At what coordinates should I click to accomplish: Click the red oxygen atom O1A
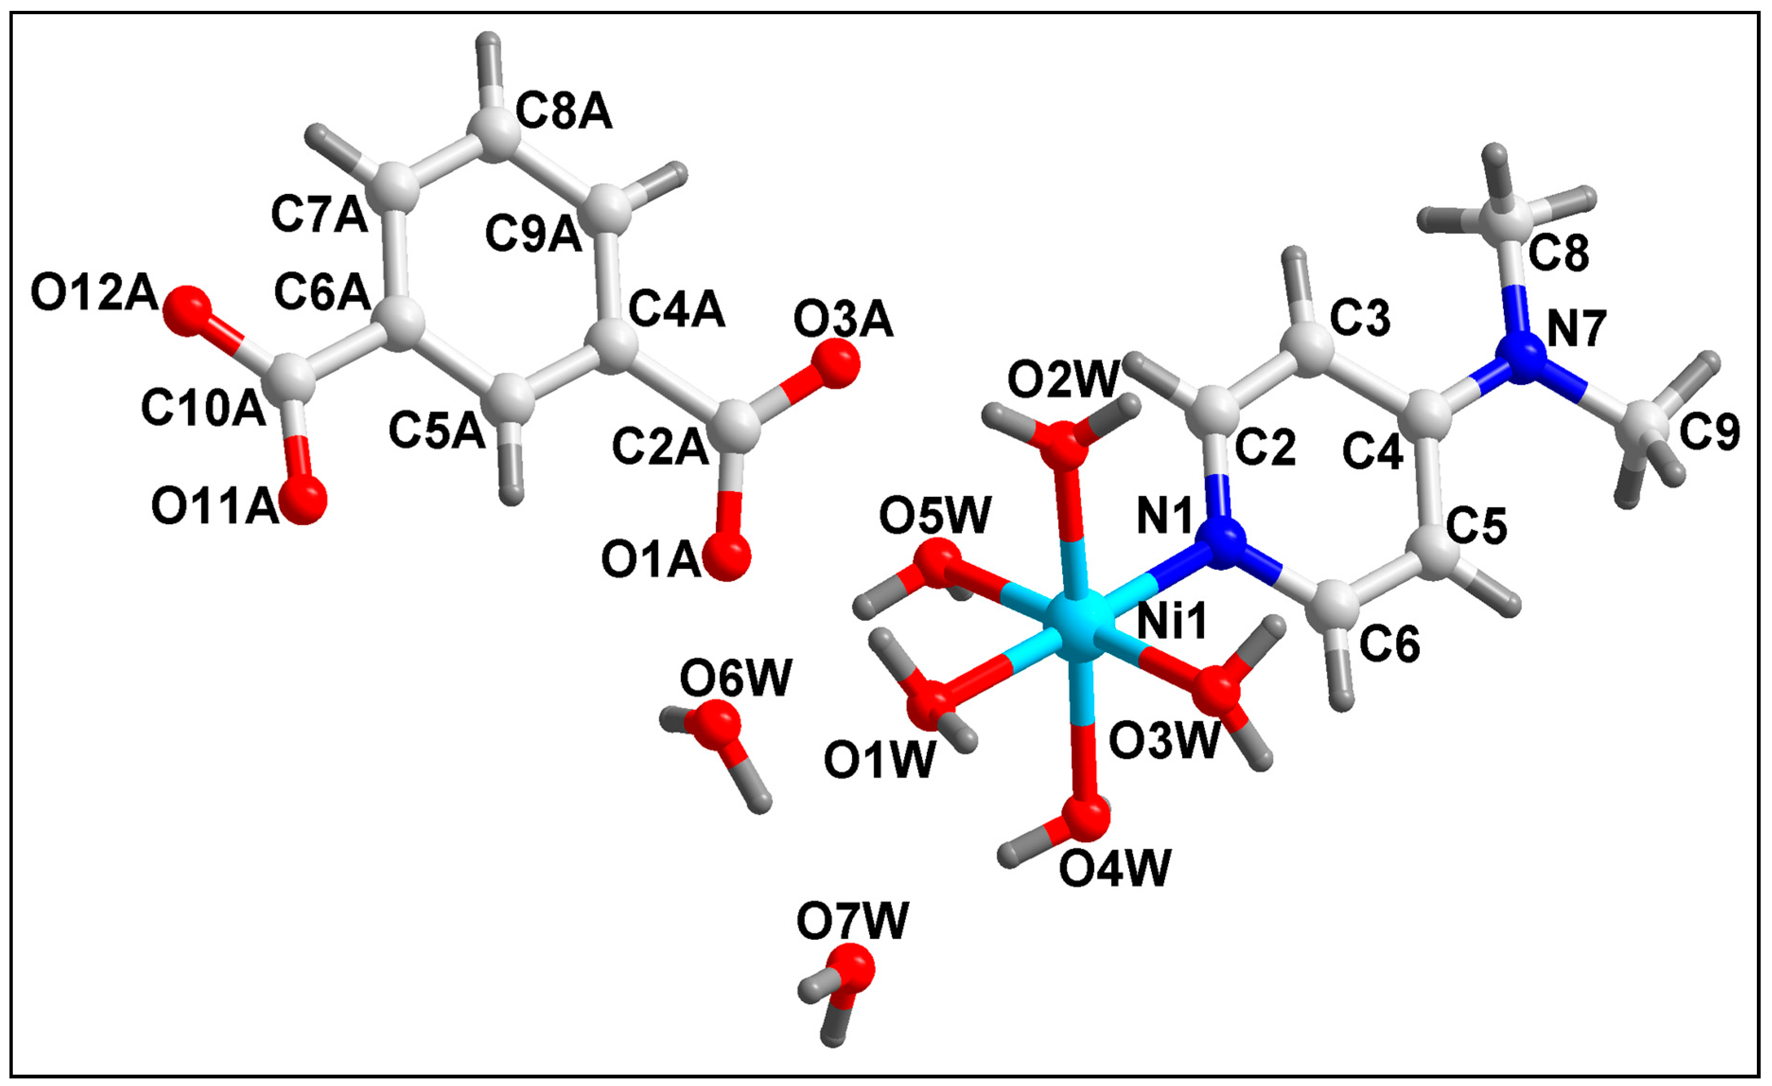[x=726, y=556]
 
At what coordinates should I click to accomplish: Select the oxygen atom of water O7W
[x=849, y=969]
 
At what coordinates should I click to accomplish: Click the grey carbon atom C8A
[x=493, y=133]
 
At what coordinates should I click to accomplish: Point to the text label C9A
[x=533, y=234]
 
